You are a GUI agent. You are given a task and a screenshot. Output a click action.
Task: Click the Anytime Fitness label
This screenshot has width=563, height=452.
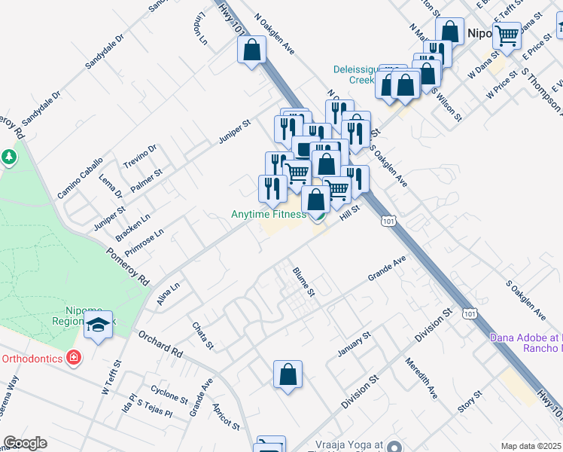pyautogui.click(x=268, y=215)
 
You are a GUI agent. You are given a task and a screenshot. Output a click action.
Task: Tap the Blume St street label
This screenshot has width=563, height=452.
pyautogui.click(x=303, y=282)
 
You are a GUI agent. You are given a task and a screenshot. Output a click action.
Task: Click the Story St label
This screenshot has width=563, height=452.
pyautogui.click(x=469, y=402)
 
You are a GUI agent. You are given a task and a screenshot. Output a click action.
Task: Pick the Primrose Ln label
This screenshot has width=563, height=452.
pyautogui.click(x=145, y=244)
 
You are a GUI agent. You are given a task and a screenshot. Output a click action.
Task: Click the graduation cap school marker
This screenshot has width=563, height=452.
pyautogui.click(x=98, y=325)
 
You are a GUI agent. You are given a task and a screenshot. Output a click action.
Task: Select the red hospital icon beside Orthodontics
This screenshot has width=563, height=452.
pyautogui.click(x=74, y=356)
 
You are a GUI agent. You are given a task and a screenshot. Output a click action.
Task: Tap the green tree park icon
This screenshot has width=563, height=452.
pyautogui.click(x=9, y=157)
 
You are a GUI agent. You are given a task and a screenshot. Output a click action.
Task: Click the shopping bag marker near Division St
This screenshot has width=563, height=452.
pyautogui.click(x=288, y=374)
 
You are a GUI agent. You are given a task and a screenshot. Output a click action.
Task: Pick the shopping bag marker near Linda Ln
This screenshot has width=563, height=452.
pyautogui.click(x=251, y=50)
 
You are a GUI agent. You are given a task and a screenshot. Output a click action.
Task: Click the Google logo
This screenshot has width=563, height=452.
pyautogui.click(x=25, y=443)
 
